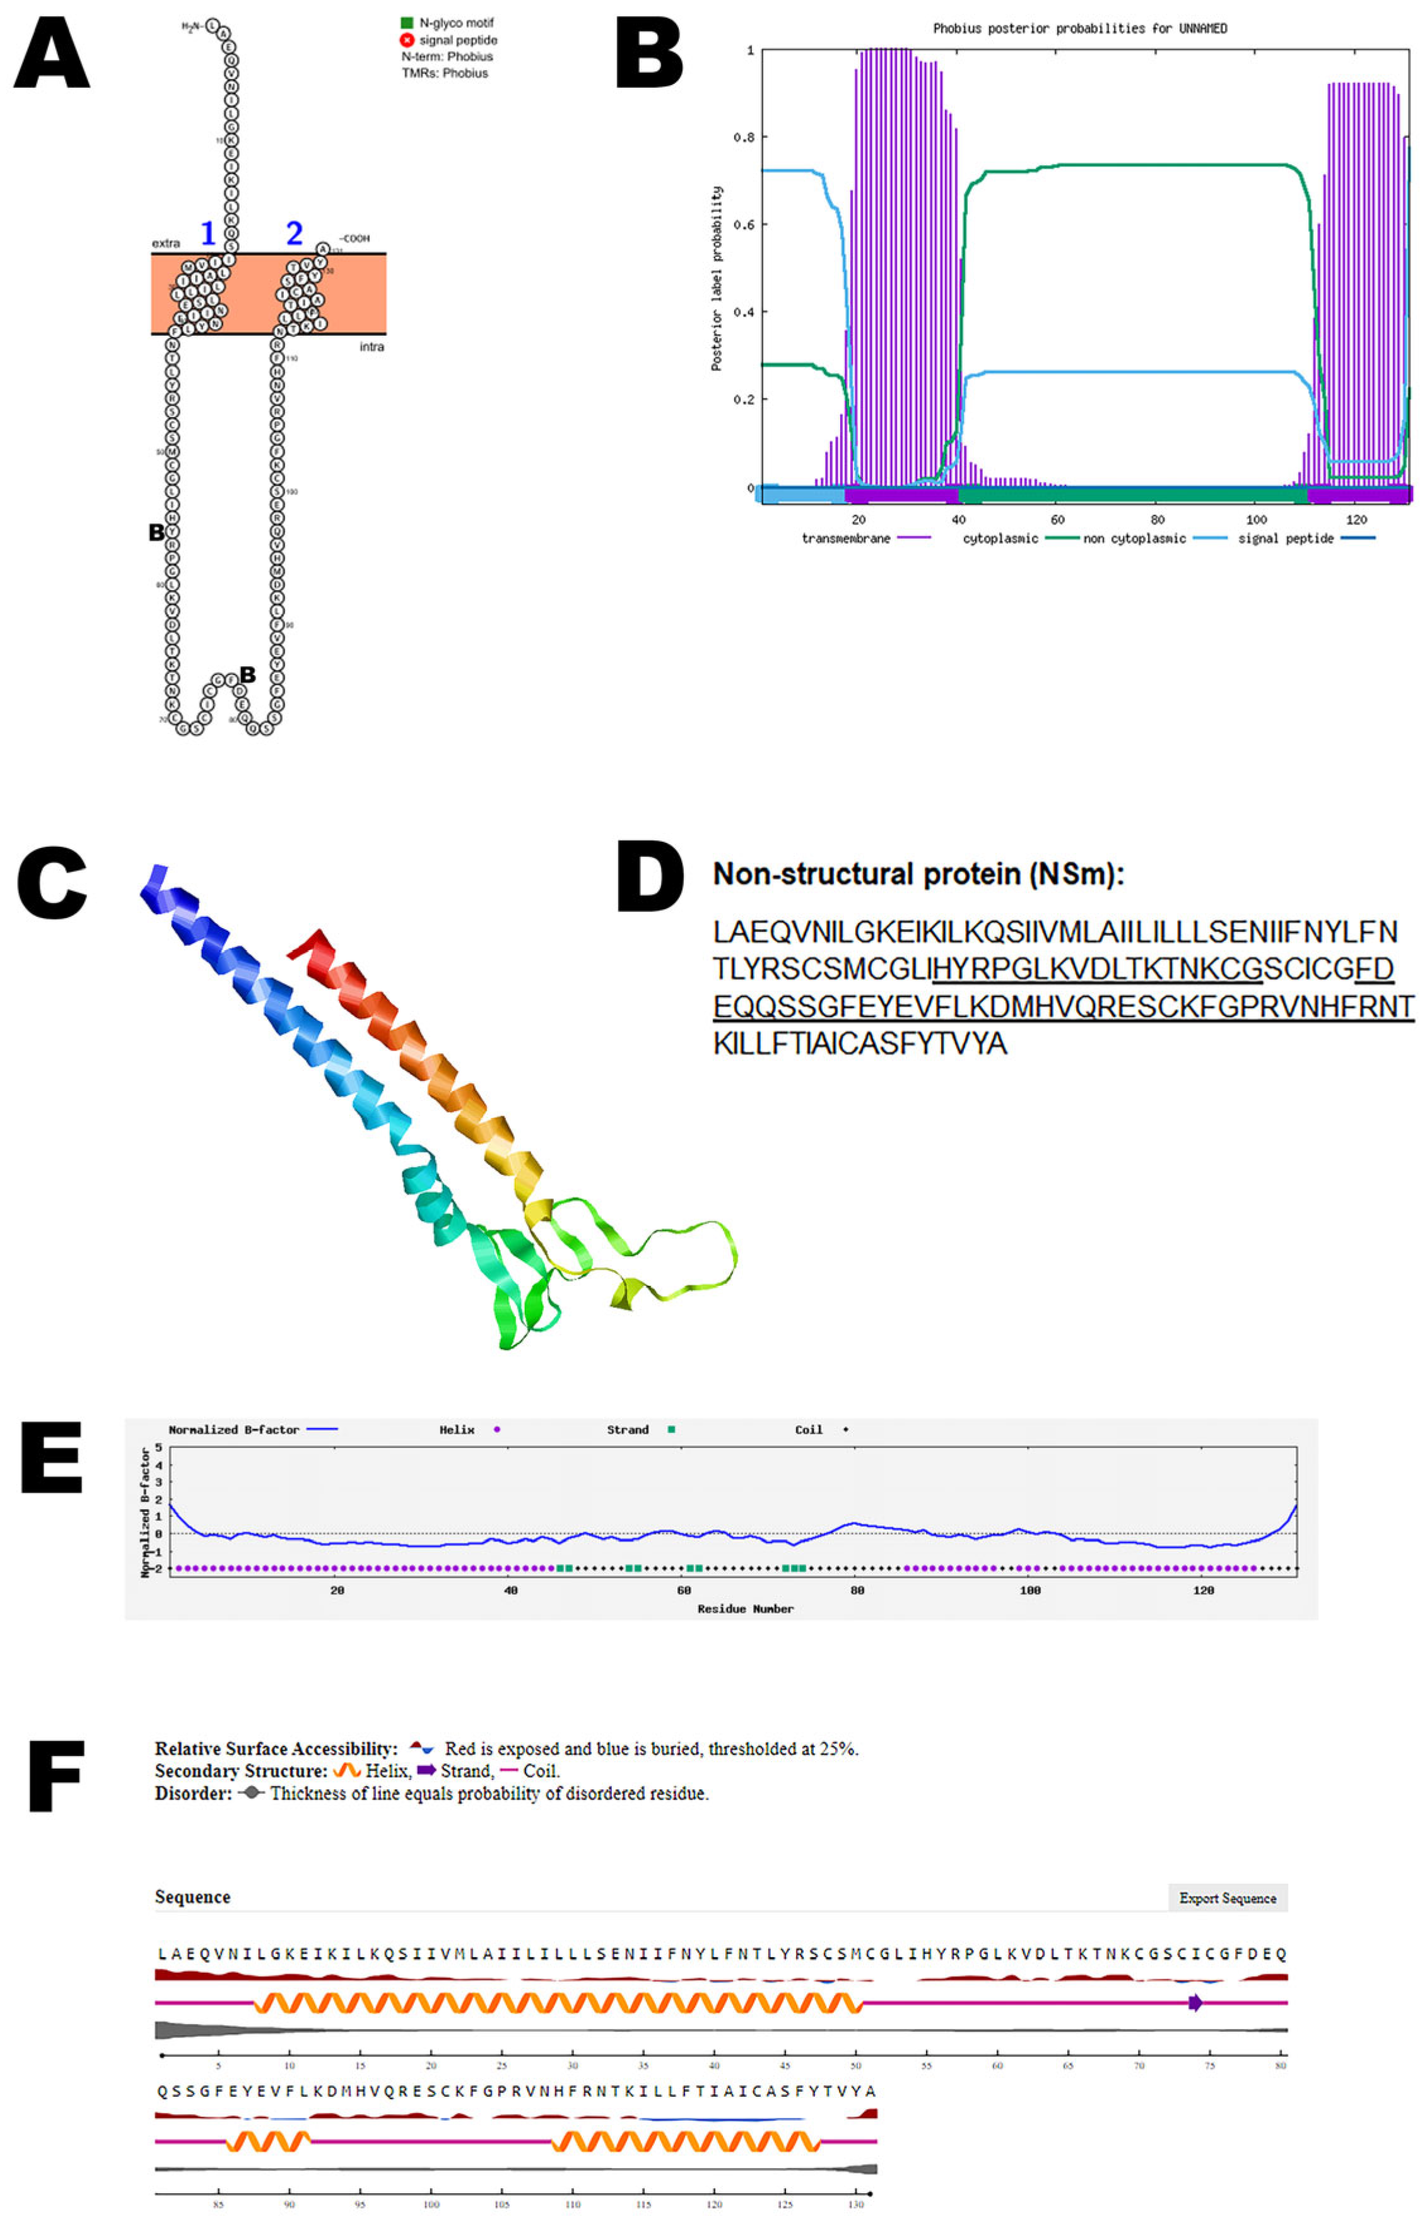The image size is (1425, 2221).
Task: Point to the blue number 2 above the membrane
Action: [x=294, y=233]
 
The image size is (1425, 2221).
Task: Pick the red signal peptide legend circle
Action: [x=406, y=40]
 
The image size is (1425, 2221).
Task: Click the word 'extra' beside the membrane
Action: [x=166, y=244]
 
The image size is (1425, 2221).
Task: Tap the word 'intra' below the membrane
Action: [x=371, y=347]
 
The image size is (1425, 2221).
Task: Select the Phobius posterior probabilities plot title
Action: [x=1080, y=28]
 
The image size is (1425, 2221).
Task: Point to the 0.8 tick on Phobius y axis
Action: [x=743, y=137]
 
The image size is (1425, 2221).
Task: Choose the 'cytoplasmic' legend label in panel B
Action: [x=1000, y=539]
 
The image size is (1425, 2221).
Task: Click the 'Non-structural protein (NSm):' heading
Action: [x=918, y=875]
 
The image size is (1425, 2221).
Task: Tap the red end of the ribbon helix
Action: [x=307, y=944]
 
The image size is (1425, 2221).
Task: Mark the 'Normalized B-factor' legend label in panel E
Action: [x=233, y=1430]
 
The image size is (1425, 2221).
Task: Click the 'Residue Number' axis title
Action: [x=745, y=1610]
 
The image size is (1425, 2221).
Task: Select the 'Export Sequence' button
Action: [x=1227, y=1898]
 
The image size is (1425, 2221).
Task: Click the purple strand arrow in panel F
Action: [x=1195, y=2003]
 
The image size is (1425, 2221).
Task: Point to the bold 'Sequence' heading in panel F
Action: [x=192, y=1897]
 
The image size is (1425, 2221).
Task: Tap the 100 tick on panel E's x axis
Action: [x=1030, y=1590]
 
